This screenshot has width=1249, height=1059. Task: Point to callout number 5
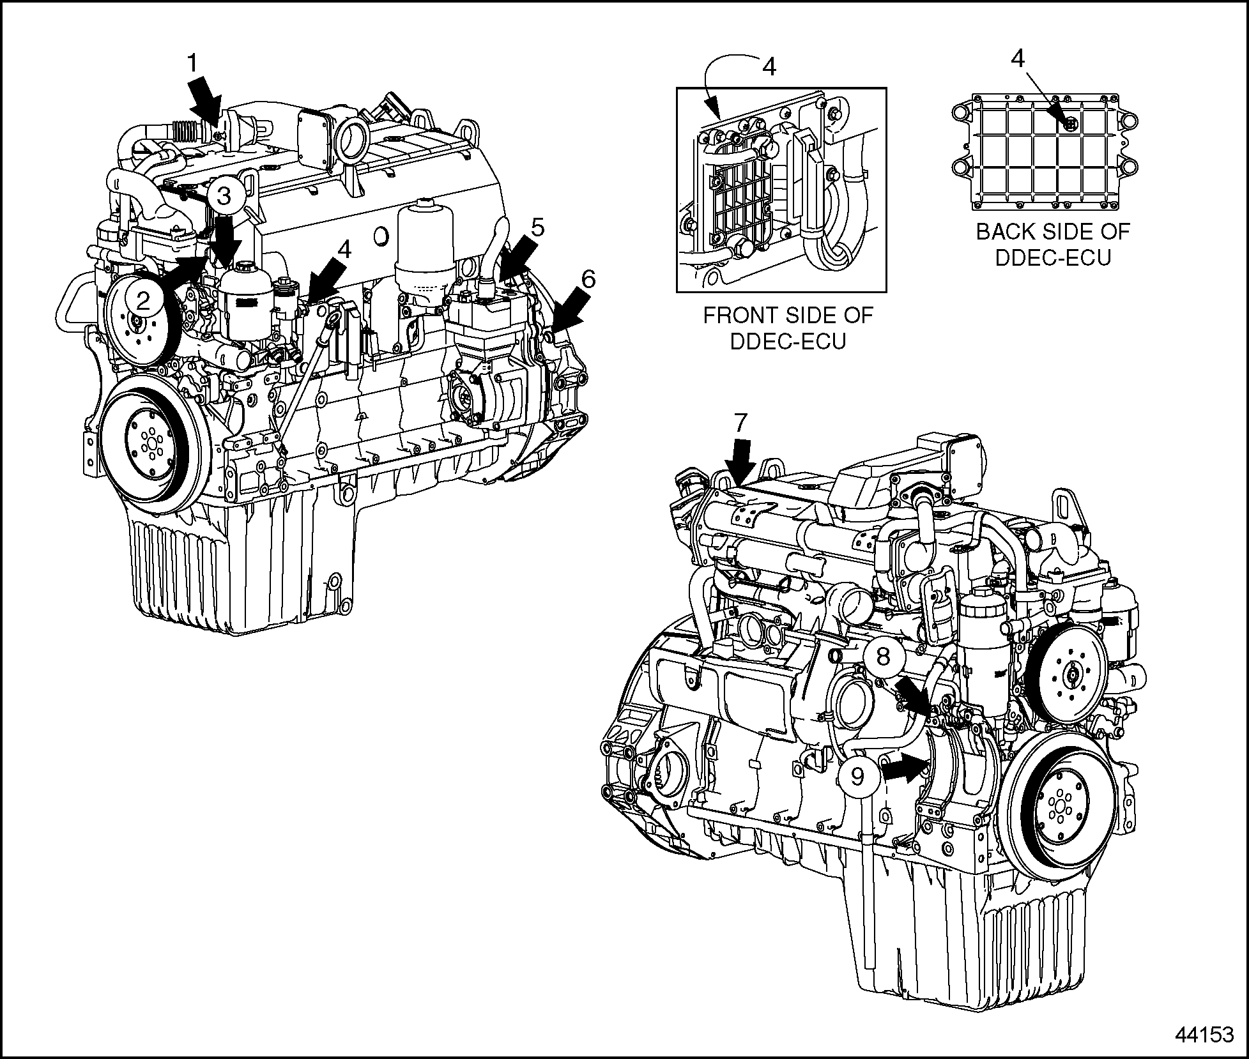pos(537,227)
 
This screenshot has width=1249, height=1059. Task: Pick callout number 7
pos(740,423)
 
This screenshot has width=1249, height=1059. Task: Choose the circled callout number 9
pos(857,777)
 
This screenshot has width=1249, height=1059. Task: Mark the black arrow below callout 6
pos(568,309)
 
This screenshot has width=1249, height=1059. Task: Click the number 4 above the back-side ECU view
pos(1018,59)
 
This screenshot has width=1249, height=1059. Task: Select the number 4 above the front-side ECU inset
pos(770,66)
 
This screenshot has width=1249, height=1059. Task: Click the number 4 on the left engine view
pos(344,249)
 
